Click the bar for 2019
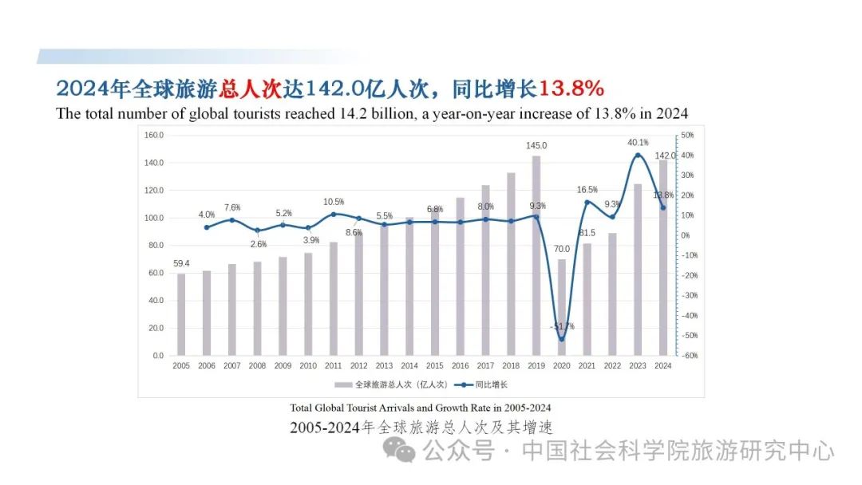(536, 255)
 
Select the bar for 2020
(561, 307)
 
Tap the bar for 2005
(181, 314)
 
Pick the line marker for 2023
(638, 156)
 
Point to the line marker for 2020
(561, 339)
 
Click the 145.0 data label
(536, 146)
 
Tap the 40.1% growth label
(638, 143)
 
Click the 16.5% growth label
(587, 190)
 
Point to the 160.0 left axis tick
(154, 136)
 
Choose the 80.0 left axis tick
(154, 246)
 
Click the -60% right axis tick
(689, 356)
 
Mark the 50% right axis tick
(687, 136)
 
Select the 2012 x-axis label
(358, 366)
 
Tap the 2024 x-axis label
(663, 366)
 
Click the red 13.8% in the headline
(571, 87)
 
